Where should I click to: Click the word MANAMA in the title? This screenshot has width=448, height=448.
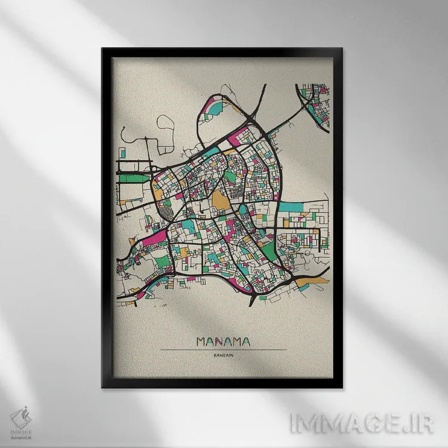[223, 342]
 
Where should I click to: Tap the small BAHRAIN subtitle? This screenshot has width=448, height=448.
[223, 356]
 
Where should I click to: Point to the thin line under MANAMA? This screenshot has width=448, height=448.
[223, 349]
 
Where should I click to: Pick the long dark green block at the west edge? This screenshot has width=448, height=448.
[133, 177]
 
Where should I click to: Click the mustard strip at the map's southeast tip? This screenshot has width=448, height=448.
[309, 280]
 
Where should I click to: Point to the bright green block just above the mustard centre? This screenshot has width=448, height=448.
[231, 177]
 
